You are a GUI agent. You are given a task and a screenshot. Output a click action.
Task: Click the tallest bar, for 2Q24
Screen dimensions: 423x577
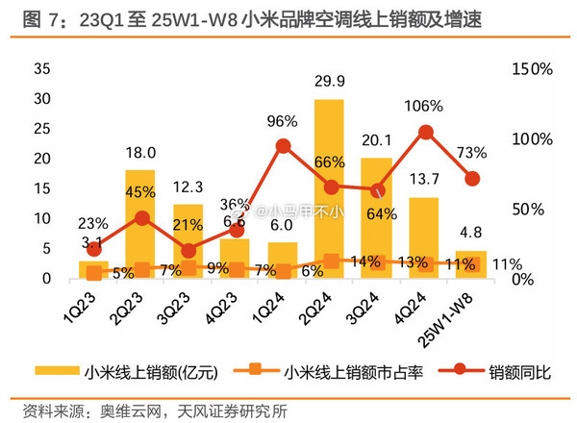coord(329,187)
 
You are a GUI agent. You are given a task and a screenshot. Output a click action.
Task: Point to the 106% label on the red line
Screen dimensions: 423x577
coord(424,106)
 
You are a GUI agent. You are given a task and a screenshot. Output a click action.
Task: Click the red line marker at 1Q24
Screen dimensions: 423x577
coord(283,146)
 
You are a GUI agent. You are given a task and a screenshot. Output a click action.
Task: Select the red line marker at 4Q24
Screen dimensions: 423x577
coord(424,132)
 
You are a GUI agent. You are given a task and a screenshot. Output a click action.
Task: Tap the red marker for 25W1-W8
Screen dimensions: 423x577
coord(471,178)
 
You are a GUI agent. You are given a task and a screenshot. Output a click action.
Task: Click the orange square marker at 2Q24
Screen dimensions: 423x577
coord(330,261)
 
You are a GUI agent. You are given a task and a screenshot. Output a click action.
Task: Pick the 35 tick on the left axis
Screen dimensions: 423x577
coord(40,69)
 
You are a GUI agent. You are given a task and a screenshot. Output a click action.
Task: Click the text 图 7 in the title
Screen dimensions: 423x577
coord(27,18)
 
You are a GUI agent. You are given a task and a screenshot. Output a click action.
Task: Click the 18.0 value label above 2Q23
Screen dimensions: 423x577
coord(140,153)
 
